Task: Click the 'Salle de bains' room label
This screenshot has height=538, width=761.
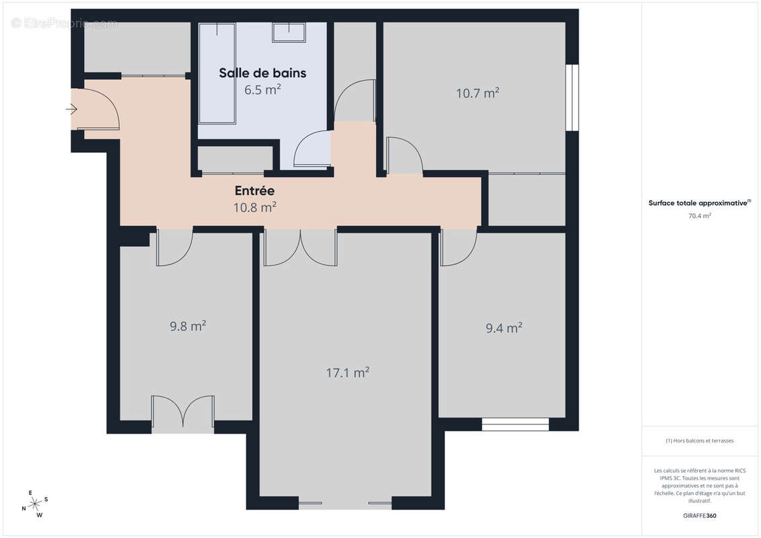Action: [x=262, y=73]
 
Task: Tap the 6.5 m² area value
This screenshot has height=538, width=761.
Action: [x=262, y=89]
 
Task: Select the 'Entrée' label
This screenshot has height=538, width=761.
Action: [x=254, y=191]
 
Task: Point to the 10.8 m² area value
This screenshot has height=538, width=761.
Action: [x=255, y=208]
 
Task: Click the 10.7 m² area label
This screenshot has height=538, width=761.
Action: [x=478, y=93]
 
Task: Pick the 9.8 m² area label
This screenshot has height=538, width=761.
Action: [x=188, y=327]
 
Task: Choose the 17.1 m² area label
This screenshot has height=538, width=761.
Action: [x=347, y=373]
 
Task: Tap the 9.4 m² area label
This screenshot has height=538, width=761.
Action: [x=504, y=328]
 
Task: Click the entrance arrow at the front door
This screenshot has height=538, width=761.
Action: [x=72, y=109]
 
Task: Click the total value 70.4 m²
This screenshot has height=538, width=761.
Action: [x=700, y=216]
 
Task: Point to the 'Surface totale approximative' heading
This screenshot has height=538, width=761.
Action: [x=699, y=202]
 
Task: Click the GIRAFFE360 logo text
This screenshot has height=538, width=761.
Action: [x=700, y=516]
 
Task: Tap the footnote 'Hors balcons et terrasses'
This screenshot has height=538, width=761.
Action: [x=700, y=440]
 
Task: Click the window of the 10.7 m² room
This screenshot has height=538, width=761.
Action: [x=572, y=98]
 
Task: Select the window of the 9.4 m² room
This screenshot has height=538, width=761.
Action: [x=515, y=424]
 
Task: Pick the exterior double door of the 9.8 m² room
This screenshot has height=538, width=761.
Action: [x=182, y=412]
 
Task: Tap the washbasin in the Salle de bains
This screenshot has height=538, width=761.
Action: [x=289, y=32]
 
